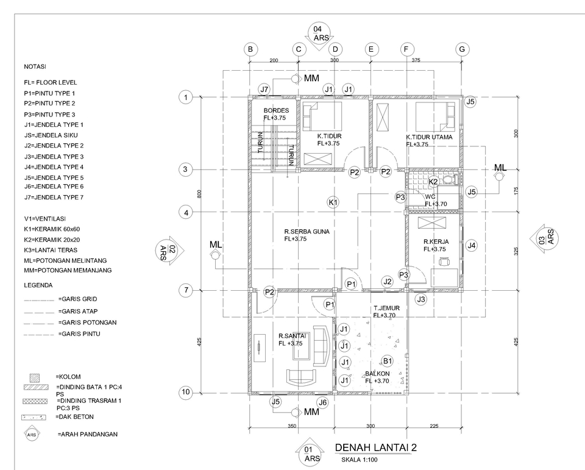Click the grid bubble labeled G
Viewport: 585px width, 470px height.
463,49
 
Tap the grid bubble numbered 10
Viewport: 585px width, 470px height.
186,391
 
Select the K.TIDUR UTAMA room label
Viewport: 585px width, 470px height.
430,137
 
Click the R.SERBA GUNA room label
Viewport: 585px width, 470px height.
303,232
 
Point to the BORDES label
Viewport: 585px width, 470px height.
276,110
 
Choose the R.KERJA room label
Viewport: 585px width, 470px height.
436,241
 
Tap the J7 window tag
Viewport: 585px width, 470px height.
264,90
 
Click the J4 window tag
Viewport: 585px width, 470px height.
471,246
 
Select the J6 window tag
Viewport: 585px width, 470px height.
323,402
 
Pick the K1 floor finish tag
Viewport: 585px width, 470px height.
333,202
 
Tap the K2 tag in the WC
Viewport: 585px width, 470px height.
433,182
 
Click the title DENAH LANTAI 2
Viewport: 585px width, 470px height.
376,448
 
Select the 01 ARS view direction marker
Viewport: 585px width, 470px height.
312,453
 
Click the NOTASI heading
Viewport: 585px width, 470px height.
34,66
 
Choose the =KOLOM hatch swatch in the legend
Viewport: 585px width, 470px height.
35,377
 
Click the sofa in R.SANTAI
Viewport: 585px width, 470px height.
321,343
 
